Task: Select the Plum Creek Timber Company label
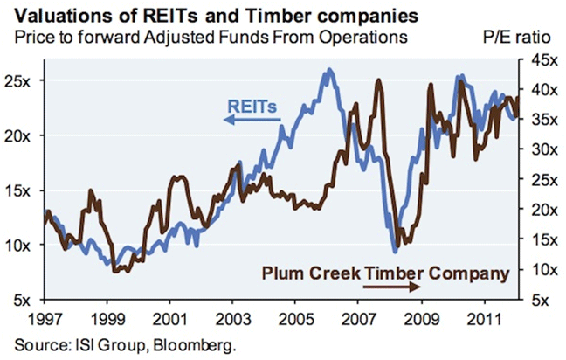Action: tap(383, 273)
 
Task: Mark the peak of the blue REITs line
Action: tap(328, 71)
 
